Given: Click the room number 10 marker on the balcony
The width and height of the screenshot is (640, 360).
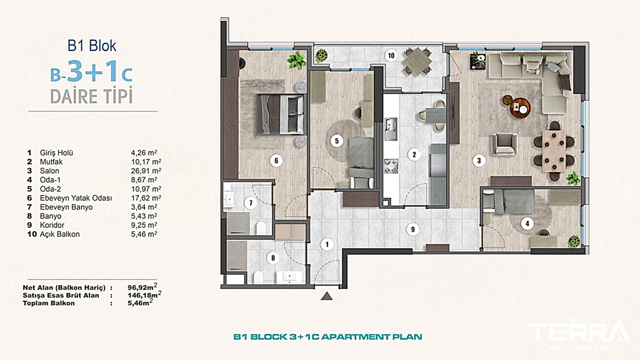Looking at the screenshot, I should click(x=391, y=56).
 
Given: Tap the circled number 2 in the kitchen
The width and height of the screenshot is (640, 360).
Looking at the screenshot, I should click(x=414, y=154).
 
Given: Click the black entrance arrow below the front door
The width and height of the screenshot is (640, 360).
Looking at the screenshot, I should click(x=326, y=296).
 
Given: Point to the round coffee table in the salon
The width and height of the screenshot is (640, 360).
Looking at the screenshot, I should click(x=521, y=107).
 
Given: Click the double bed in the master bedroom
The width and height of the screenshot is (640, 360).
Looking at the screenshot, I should click(x=280, y=114).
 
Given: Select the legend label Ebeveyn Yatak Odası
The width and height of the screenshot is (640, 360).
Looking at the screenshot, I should click(x=76, y=198).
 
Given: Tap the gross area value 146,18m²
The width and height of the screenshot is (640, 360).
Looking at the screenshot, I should click(x=144, y=296).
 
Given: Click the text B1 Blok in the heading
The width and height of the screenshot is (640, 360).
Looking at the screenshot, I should click(x=92, y=46).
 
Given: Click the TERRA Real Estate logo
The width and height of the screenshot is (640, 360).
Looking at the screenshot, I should click(x=578, y=334).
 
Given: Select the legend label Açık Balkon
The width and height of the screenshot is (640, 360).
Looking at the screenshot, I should click(x=60, y=234).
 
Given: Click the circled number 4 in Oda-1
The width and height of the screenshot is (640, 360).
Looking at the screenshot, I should click(x=528, y=224).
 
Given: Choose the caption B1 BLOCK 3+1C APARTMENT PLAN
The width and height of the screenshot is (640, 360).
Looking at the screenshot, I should click(x=327, y=337).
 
